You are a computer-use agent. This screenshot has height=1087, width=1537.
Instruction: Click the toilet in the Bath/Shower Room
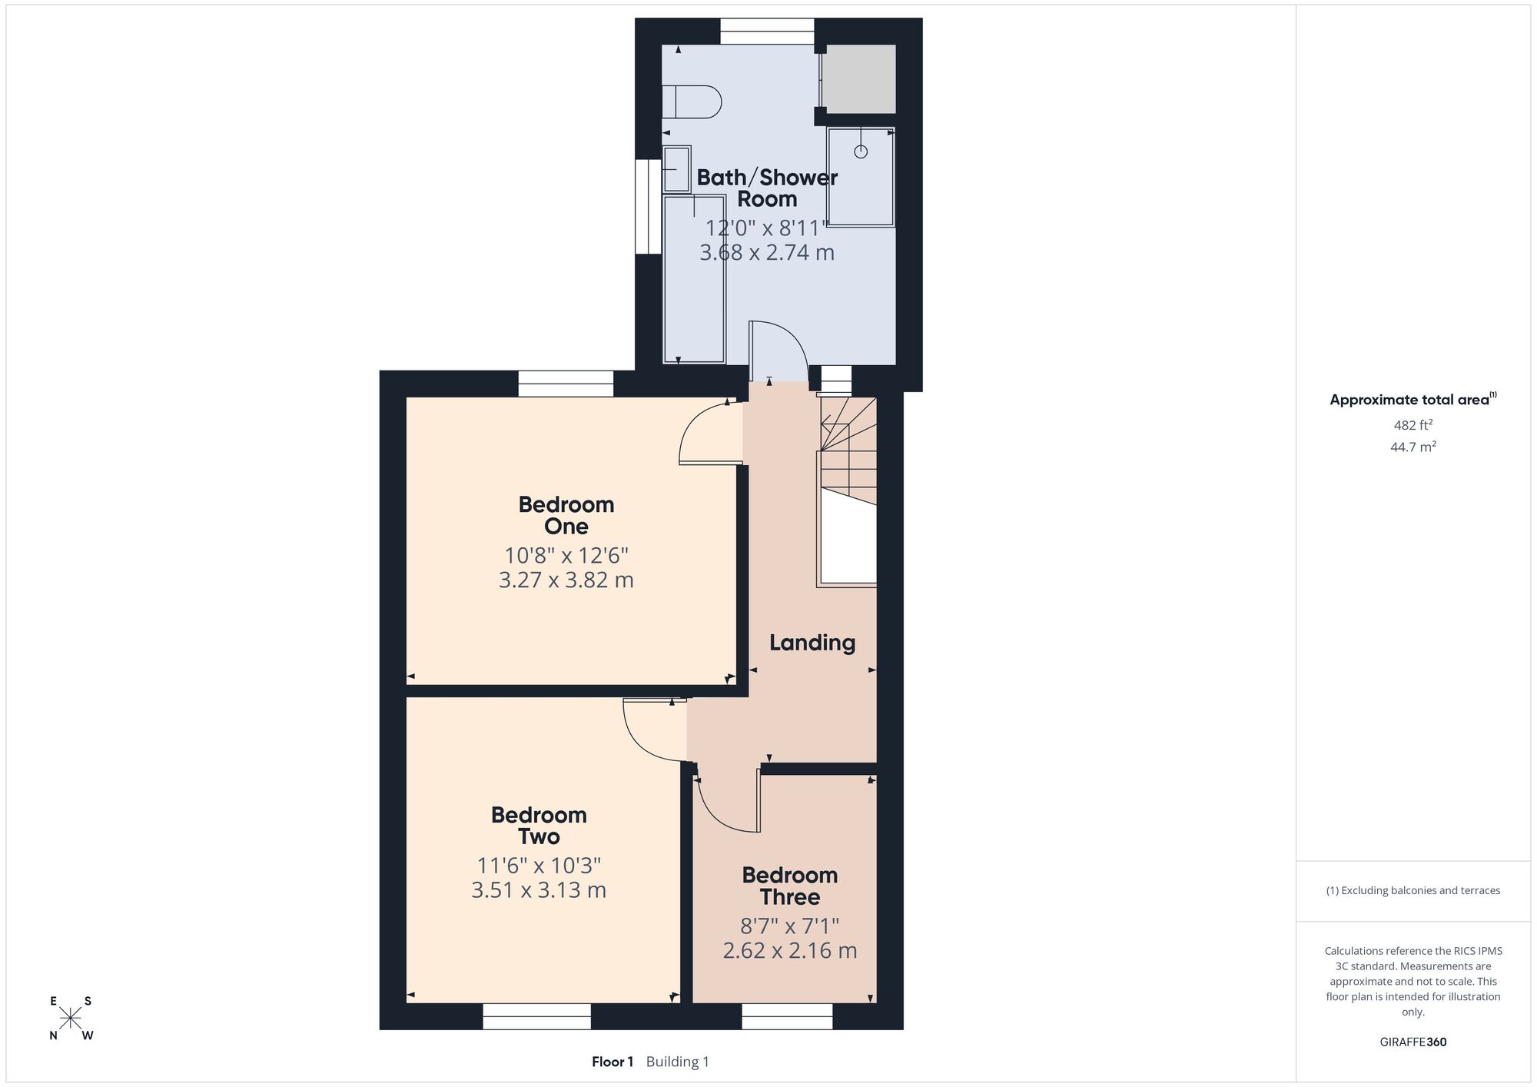pos(692,101)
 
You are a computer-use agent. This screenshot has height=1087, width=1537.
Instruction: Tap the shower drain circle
pos(861,151)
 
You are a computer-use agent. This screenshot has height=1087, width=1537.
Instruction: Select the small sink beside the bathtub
pos(677,168)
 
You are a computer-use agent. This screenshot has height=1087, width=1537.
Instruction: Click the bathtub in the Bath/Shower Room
pos(694,279)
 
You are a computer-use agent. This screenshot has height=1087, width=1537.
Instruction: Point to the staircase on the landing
pos(848,492)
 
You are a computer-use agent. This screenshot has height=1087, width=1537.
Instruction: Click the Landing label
pos(812,643)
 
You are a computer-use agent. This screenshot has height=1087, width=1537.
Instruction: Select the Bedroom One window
pos(566,384)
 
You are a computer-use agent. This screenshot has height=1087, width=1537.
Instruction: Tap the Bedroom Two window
pos(537,1016)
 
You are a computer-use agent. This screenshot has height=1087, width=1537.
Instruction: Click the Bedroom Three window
pos(787,1016)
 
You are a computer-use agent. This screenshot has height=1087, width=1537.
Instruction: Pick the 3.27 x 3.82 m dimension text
pos(566,580)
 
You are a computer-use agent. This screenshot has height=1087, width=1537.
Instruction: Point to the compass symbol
pos(71,1019)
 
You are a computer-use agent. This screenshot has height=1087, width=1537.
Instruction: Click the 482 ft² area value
pos(1413,424)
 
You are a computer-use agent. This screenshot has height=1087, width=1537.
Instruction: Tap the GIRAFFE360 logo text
pos(1413,1042)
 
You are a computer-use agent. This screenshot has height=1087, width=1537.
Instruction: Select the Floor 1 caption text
pos(612,1062)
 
